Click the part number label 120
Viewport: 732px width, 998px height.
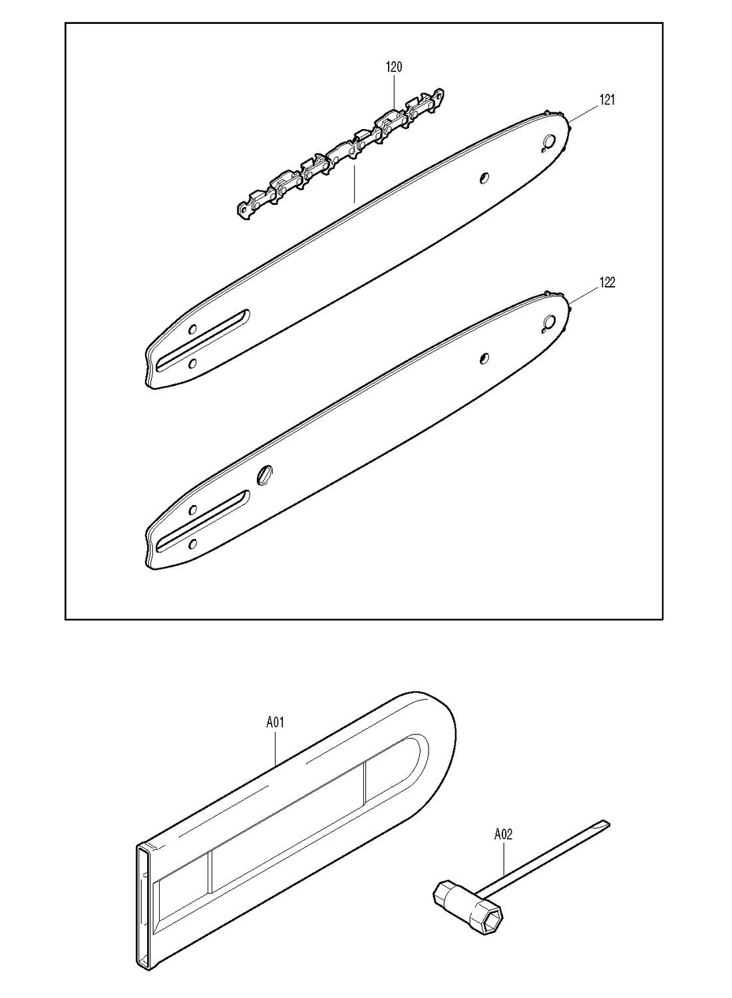394,67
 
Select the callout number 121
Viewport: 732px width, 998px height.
608,100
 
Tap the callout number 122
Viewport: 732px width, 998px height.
608,283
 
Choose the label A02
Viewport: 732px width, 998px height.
504,834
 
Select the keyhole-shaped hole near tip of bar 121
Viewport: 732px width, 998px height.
548,142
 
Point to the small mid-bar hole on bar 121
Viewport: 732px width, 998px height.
484,178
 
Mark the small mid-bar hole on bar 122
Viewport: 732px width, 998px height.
484,358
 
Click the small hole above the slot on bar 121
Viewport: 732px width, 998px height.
192,329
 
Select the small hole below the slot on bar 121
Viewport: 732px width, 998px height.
192,363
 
